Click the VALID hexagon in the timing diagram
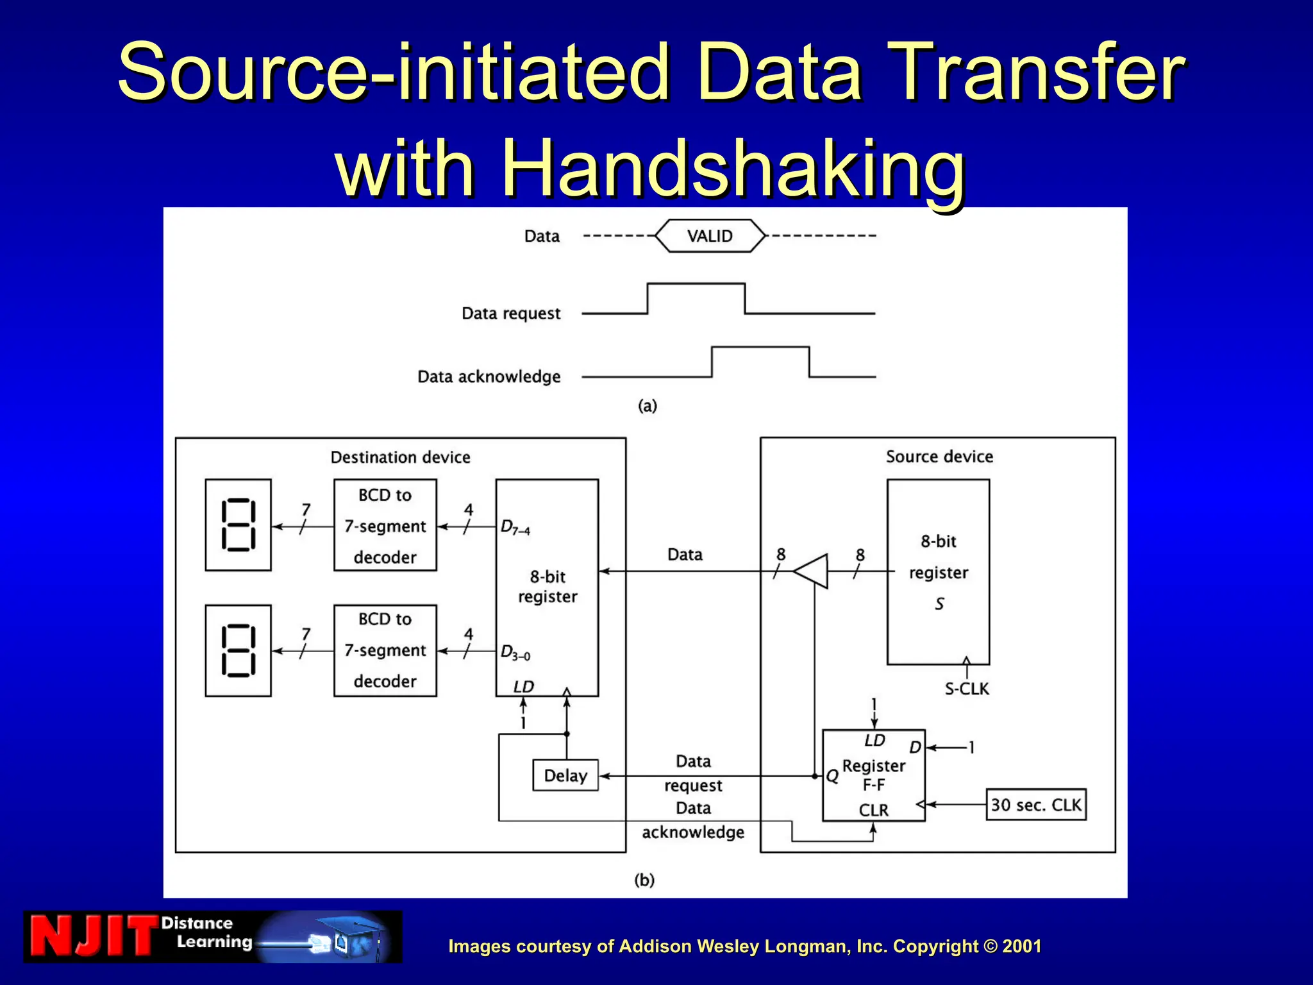click(x=710, y=236)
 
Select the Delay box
click(x=565, y=775)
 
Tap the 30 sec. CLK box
click(x=1035, y=804)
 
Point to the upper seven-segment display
click(x=238, y=525)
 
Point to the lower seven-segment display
click(x=238, y=650)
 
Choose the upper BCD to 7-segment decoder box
click(x=385, y=525)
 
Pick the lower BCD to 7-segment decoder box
click(x=385, y=650)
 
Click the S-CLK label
click(x=967, y=689)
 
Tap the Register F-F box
click(x=873, y=775)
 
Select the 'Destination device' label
click(x=401, y=457)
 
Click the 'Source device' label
click(x=939, y=457)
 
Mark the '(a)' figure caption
click(x=648, y=406)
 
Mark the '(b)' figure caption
click(x=644, y=880)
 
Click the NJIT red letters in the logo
click(x=94, y=936)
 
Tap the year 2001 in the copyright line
click(x=1022, y=946)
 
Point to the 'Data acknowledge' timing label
click(x=489, y=376)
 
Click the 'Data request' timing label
click(x=511, y=314)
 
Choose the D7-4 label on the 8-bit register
click(x=515, y=528)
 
